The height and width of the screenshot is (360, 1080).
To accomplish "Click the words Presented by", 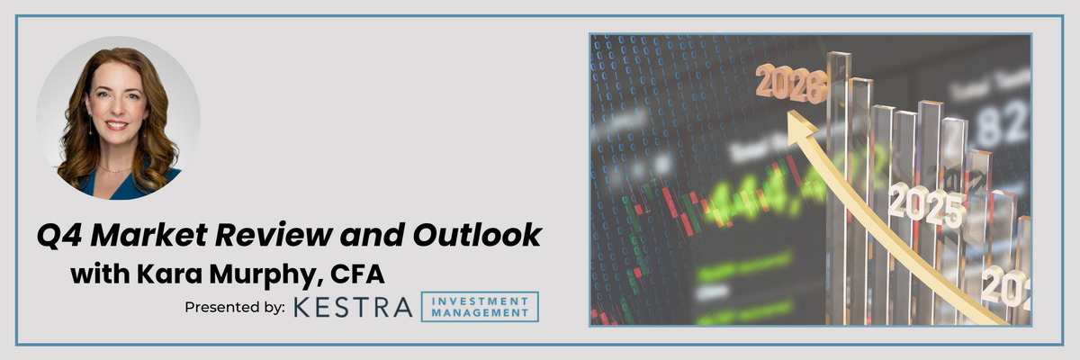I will (x=235, y=307).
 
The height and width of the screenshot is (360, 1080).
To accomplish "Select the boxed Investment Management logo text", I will (x=485, y=307).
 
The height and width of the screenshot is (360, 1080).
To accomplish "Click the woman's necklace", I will (x=115, y=167).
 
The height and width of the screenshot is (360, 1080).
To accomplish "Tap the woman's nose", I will (x=114, y=110).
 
